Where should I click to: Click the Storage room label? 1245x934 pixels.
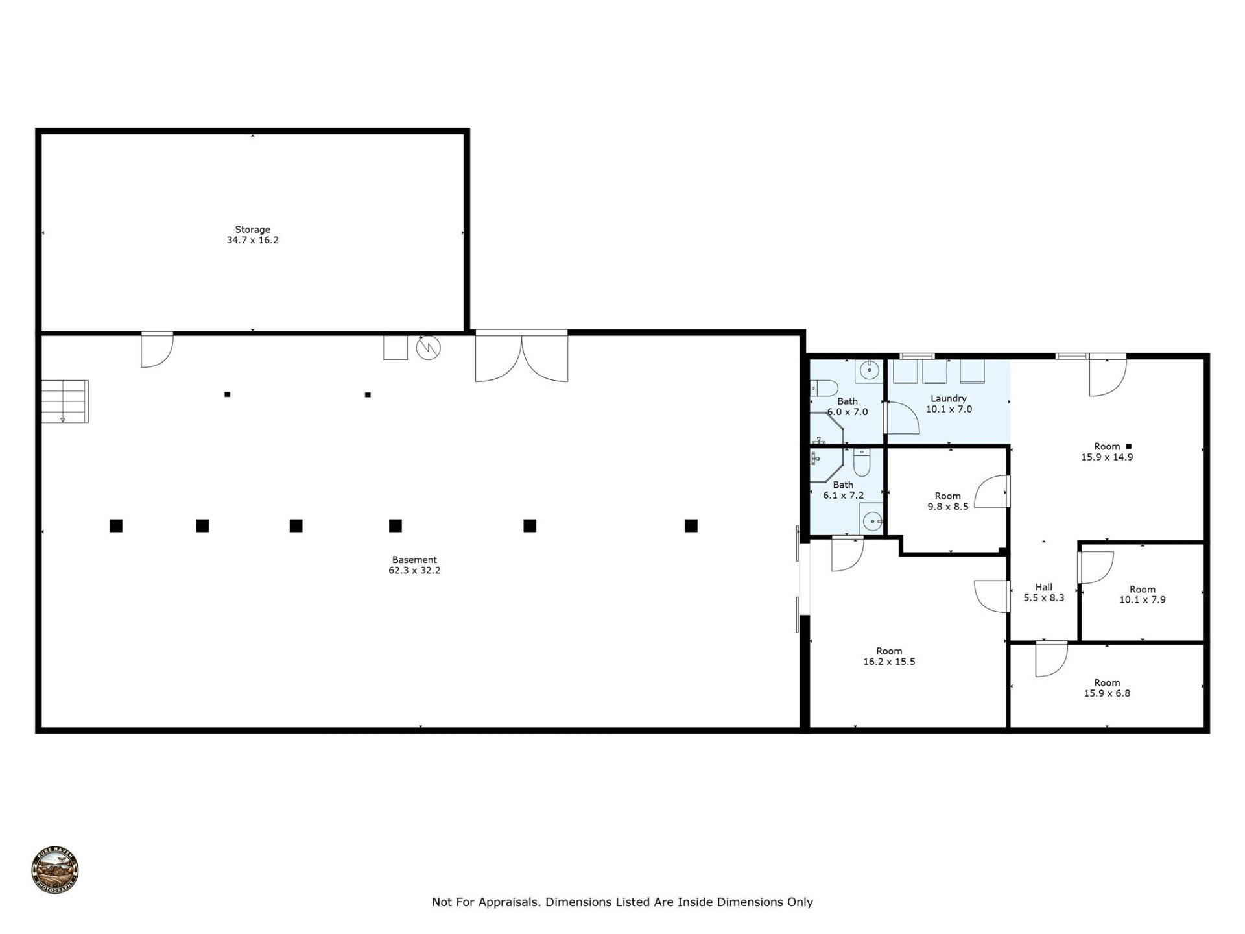(252, 230)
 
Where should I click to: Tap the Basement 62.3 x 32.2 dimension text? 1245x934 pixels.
(414, 571)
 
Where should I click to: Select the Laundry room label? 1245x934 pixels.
(948, 399)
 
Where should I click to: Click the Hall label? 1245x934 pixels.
(1043, 587)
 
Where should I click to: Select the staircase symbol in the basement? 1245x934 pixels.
(65, 401)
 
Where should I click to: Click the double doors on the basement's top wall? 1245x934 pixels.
(521, 357)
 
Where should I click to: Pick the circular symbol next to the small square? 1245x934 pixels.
(428, 348)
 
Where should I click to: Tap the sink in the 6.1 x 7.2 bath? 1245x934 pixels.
(873, 520)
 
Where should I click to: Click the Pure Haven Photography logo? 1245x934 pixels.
(55, 870)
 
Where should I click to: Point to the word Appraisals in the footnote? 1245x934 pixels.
(508, 902)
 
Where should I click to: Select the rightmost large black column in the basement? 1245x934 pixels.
(691, 525)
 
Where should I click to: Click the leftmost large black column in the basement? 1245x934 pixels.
(116, 525)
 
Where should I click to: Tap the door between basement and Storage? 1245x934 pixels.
(157, 350)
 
